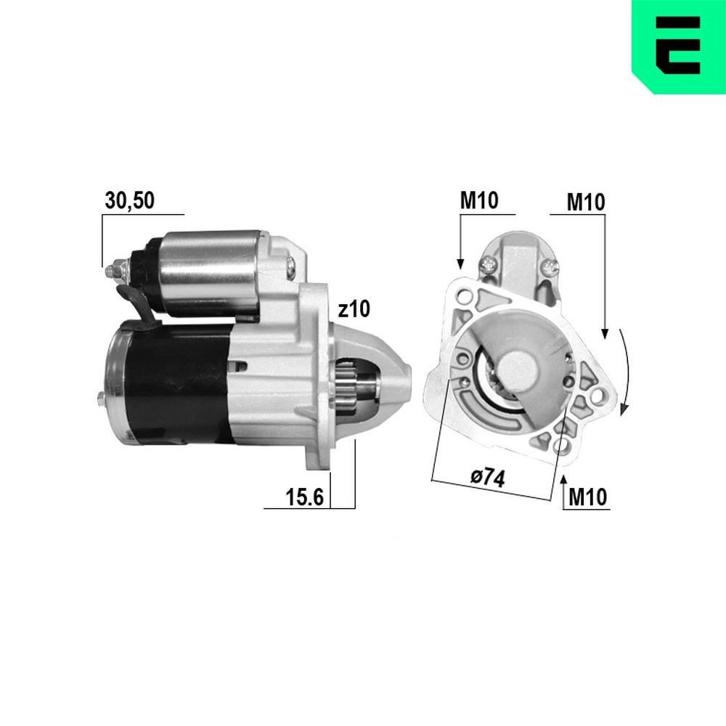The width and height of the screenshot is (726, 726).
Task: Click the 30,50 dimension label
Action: click(129, 201)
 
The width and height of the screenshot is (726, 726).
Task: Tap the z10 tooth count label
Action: click(354, 309)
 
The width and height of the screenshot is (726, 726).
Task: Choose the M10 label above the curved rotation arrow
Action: click(586, 203)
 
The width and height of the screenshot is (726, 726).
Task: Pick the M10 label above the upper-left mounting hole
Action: click(479, 201)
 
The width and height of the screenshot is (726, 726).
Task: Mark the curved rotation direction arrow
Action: click(625, 370)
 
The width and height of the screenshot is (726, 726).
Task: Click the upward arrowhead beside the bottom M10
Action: click(564, 478)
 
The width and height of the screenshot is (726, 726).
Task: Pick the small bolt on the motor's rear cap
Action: click(99, 397)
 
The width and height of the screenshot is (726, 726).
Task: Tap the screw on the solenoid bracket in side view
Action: click(291, 266)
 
